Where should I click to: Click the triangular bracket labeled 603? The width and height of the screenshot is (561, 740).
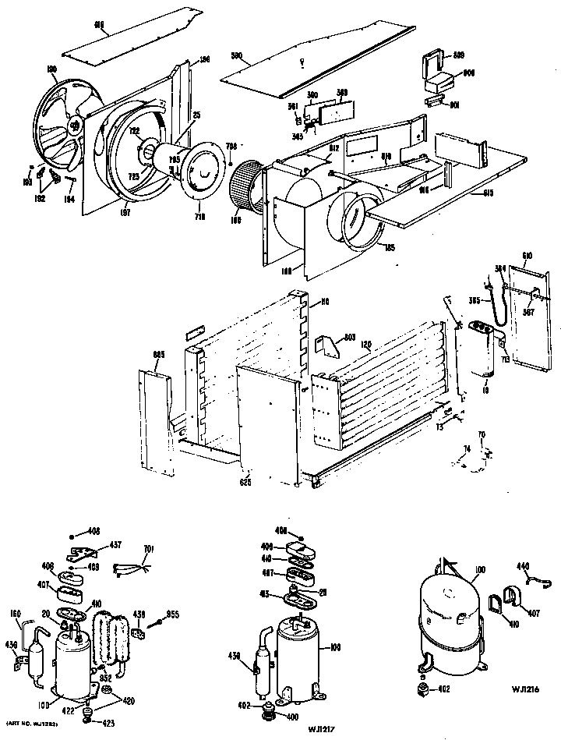(x=326, y=344)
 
